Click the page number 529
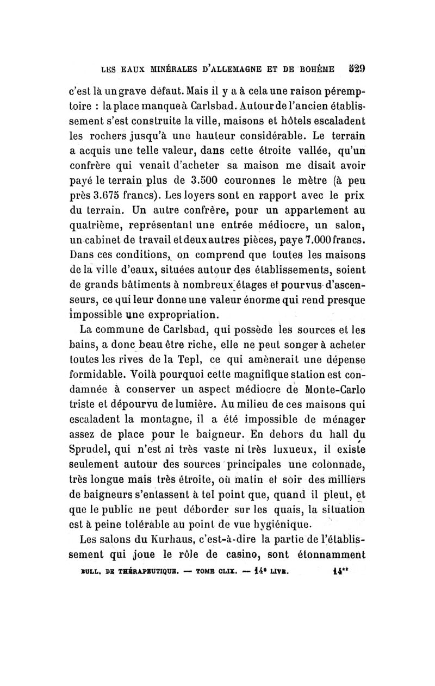pyautogui.click(x=357, y=69)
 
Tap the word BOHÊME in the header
pyautogui.click(x=322, y=70)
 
